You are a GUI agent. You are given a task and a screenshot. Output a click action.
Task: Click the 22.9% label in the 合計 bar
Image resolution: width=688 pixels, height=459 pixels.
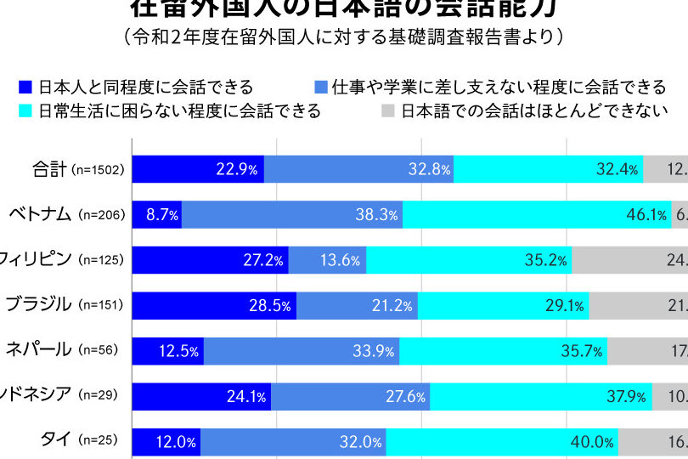236,169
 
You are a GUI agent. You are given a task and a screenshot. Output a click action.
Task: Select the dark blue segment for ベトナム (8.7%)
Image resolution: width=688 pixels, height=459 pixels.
158,214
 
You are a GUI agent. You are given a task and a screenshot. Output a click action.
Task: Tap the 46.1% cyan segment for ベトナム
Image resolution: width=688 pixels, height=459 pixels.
537,214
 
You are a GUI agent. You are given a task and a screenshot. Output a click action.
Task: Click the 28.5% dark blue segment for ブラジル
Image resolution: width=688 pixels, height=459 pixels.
214,304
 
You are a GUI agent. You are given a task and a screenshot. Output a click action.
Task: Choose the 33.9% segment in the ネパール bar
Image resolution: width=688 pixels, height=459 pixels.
302,349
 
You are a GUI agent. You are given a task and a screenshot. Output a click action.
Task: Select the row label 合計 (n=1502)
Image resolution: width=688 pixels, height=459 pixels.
77,169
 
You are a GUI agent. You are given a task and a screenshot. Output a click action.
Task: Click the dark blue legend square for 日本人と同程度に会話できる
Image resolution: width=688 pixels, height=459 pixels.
25,87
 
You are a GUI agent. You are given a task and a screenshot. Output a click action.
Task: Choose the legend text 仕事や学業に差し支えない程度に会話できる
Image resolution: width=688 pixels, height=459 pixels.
499,87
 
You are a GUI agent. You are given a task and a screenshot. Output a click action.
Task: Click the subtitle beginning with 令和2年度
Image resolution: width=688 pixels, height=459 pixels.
343,37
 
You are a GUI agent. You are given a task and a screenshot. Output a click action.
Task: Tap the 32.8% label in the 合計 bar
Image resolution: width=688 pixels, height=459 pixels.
429,169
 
